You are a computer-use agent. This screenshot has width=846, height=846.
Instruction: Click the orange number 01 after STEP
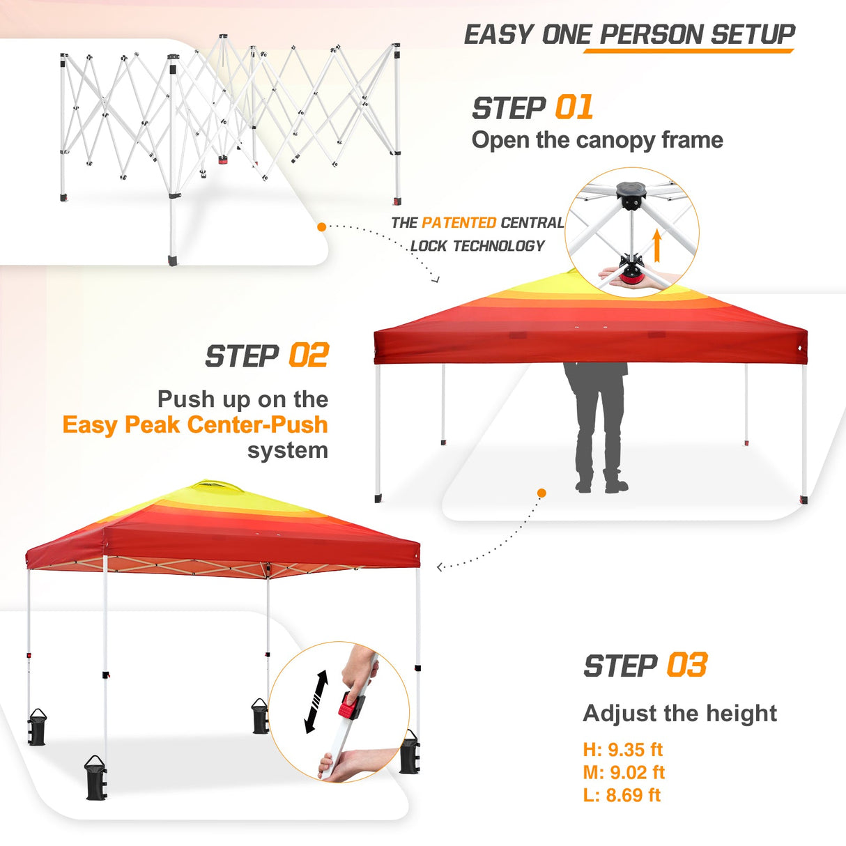click(574, 108)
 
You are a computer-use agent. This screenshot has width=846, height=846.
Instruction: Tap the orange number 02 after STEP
click(308, 356)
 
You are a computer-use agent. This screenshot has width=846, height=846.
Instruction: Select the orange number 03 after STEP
click(686, 666)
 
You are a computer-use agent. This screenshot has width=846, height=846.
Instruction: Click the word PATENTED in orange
click(459, 223)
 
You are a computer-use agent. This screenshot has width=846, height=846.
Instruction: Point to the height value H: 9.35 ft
click(622, 750)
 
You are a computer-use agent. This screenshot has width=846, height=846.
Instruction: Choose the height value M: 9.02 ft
click(624, 772)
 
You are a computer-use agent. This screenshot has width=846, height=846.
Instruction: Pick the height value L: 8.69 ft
click(622, 795)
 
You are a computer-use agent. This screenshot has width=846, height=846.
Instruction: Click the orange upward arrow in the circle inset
click(656, 245)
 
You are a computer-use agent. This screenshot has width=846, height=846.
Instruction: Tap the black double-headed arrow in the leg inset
click(316, 702)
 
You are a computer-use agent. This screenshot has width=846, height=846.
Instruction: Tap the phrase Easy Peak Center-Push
click(195, 424)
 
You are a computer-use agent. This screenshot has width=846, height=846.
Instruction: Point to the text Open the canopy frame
click(597, 140)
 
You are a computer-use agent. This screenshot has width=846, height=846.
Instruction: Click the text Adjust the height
click(679, 713)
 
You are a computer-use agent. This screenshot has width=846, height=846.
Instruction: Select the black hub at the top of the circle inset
click(631, 192)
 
